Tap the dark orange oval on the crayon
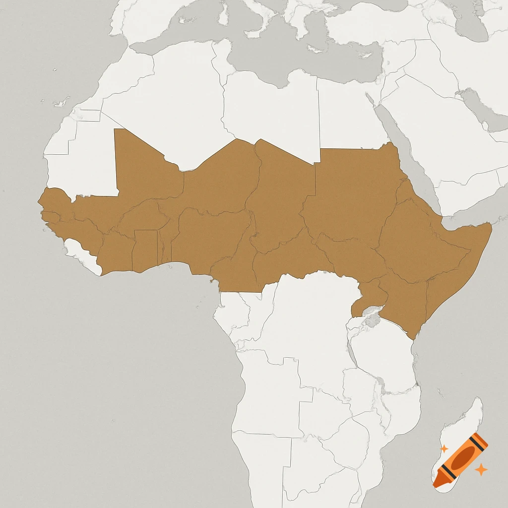coord(462,458)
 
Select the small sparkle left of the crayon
coord(444,448)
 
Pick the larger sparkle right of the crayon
coord(480,469)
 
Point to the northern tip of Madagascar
coord(478,399)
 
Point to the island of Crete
coord(316,49)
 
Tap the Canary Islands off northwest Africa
coord(62,103)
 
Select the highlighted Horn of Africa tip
coord(488,228)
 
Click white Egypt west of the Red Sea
coord(347,114)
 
